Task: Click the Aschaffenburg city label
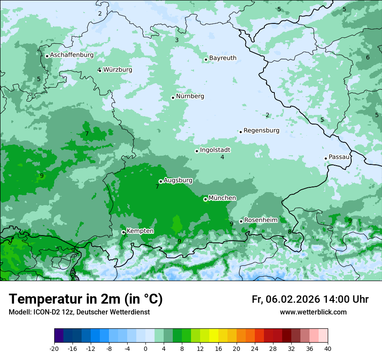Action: (x=72, y=55)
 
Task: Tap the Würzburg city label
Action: (x=118, y=70)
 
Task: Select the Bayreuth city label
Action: (x=223, y=58)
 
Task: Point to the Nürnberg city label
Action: (x=190, y=96)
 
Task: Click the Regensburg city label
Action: (x=261, y=131)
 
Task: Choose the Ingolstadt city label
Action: (x=215, y=150)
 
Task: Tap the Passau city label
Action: (x=339, y=157)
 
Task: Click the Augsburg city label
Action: (x=178, y=180)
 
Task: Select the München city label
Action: (x=222, y=198)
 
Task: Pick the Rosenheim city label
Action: (x=260, y=220)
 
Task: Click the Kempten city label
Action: (x=140, y=231)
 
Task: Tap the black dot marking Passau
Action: (x=326, y=158)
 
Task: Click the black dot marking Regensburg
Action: (x=240, y=132)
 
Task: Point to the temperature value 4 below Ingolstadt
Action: (x=222, y=157)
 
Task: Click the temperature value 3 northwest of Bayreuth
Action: (x=177, y=40)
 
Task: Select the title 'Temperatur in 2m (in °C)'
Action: (x=86, y=299)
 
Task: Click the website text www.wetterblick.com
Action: (x=313, y=312)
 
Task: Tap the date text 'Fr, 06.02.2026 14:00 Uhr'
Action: (x=310, y=300)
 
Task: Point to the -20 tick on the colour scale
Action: (x=54, y=348)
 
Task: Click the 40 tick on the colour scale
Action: (x=328, y=348)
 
